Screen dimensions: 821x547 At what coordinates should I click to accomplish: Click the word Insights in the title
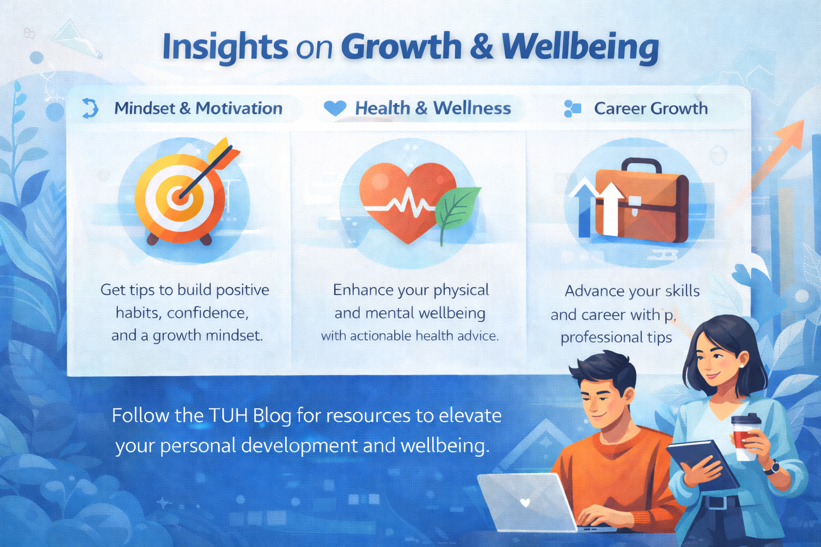pos(225,48)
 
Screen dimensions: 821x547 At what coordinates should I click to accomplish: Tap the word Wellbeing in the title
pos(580,48)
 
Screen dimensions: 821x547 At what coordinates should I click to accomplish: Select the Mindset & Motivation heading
pos(198,108)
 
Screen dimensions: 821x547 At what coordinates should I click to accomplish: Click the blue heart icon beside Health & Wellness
pos(335,108)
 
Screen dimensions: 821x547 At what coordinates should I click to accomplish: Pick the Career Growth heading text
pos(650,108)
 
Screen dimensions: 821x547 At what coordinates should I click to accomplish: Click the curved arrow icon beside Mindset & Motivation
pos(90,108)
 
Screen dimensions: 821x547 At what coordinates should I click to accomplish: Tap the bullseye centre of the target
pos(180,197)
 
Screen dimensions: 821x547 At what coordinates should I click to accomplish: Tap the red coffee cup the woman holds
pos(745,436)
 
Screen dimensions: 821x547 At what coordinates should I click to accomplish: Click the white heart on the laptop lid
pos(525,502)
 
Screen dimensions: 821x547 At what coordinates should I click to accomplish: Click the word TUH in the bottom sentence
pos(228,416)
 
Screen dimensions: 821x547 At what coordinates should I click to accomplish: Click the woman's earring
pos(741,365)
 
